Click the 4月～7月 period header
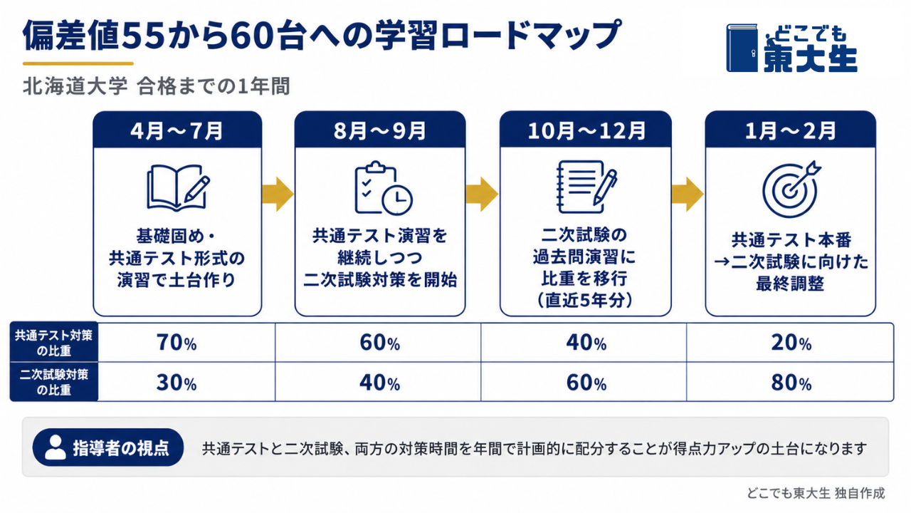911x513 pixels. tap(177, 130)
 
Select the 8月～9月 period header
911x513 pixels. tap(380, 130)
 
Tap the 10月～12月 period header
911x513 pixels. tap(586, 130)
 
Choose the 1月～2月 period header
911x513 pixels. tap(790, 130)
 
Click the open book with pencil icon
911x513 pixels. tap(178, 187)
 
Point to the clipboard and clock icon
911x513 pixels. tap(383, 188)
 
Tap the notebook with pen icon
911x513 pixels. tap(586, 187)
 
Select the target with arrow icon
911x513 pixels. tap(791, 189)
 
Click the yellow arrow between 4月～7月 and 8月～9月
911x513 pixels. tap(278, 194)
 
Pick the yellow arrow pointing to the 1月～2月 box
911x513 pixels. tap(688, 194)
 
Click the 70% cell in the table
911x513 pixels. tap(177, 343)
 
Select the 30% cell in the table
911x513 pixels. tap(177, 383)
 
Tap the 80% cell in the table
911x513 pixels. tap(791, 383)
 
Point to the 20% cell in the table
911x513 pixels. tap(791, 343)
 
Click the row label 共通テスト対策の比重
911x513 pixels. tap(54, 343)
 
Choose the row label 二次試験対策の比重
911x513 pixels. tap(54, 382)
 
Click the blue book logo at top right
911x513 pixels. tap(742, 48)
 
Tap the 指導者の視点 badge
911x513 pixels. tap(108, 447)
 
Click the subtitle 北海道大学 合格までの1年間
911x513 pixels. tap(157, 86)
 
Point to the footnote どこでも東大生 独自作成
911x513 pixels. tap(816, 494)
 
